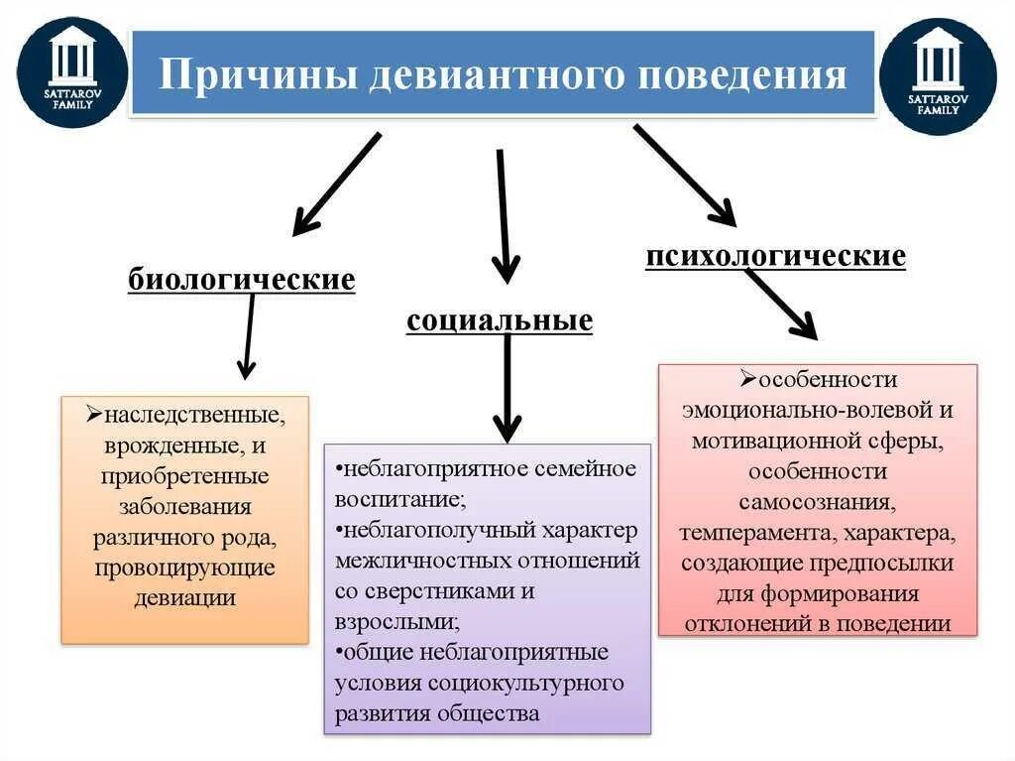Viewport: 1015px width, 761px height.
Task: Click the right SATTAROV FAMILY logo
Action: tap(938, 76)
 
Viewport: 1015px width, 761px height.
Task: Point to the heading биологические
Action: tap(241, 280)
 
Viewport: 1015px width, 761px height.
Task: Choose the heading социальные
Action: tap(500, 320)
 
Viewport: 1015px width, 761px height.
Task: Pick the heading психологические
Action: tap(775, 257)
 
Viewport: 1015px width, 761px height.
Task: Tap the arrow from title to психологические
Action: tap(684, 175)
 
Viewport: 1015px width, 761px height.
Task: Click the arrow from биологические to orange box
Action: tap(248, 337)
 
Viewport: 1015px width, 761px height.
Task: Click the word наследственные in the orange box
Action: tap(193, 411)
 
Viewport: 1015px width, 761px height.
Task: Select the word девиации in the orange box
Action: tap(185, 597)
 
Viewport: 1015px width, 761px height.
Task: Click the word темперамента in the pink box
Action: tap(754, 534)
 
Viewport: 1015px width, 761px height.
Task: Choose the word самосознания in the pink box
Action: tap(818, 502)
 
